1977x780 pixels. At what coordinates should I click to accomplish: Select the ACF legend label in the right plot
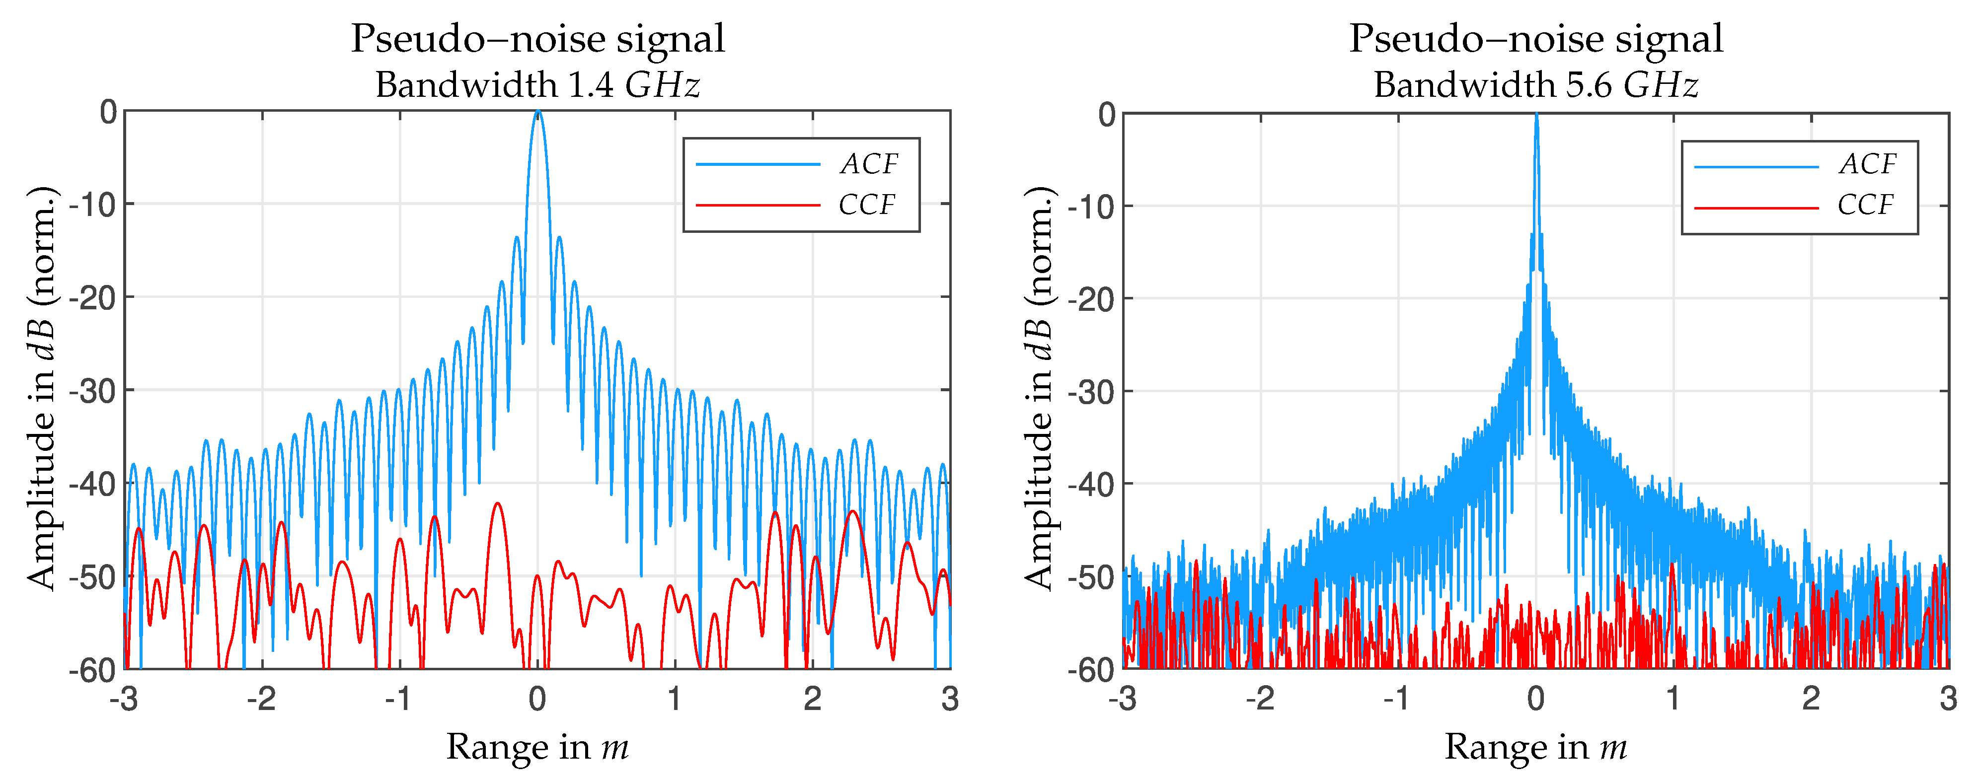pos(1867,164)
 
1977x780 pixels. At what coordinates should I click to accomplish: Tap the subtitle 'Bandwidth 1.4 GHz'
pos(537,84)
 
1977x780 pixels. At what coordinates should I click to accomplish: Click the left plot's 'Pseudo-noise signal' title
pos(537,38)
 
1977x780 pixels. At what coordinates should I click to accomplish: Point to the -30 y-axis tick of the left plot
pos(93,391)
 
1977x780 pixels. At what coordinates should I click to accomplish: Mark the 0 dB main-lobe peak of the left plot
pos(538,112)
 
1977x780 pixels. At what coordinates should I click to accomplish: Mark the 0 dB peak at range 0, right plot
pos(1536,115)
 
